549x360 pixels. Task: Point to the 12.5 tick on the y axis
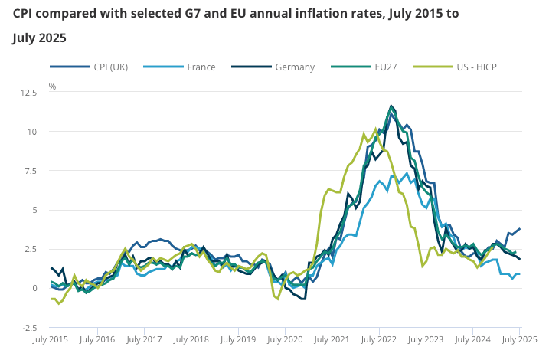(29, 93)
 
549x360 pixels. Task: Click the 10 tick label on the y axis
(31, 132)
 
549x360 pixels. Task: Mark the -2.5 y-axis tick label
(29, 327)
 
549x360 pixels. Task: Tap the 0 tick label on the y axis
(34, 288)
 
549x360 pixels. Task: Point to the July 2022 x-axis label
(378, 338)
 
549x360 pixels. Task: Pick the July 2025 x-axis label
(519, 338)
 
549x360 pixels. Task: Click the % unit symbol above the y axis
(52, 87)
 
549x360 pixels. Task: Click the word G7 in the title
(184, 14)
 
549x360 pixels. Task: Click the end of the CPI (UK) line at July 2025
(520, 228)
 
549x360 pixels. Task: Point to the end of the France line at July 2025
(520, 274)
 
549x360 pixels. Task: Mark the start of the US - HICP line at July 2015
(51, 299)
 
